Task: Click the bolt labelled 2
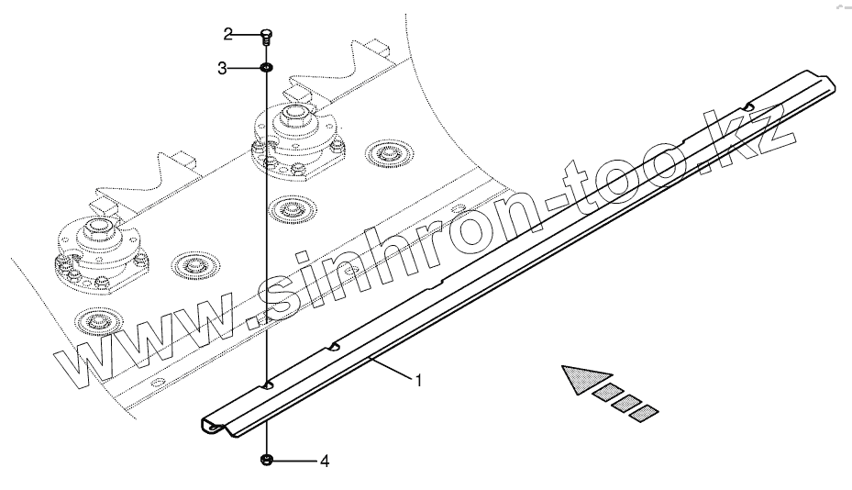pyautogui.click(x=265, y=36)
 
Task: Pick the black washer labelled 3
pyautogui.click(x=265, y=68)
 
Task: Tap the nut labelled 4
pyautogui.click(x=266, y=460)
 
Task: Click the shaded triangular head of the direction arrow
pyautogui.click(x=584, y=377)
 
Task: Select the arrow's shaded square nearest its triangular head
pyautogui.click(x=606, y=394)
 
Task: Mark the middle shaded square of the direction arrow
pyautogui.click(x=626, y=403)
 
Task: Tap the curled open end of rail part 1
pyautogui.click(x=212, y=426)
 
